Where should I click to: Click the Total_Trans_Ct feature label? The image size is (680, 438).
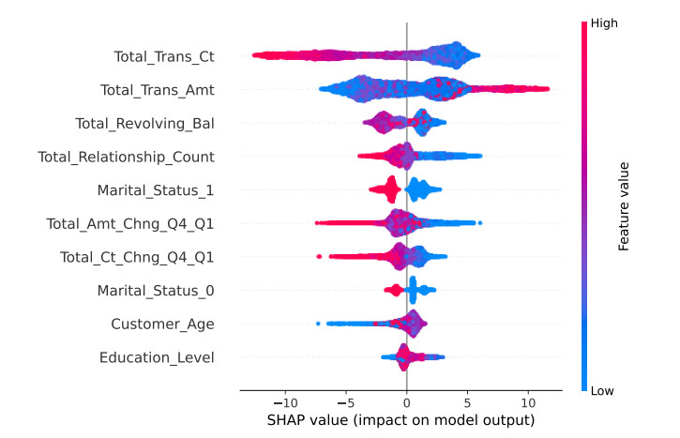[164, 57]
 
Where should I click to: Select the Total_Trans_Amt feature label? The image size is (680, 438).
[158, 90]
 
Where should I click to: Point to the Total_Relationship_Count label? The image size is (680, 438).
[126, 157]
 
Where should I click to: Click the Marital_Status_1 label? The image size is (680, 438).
[156, 190]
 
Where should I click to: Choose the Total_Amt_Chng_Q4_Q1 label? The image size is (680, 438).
[130, 223]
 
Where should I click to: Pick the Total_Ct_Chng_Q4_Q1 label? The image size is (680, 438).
[137, 257]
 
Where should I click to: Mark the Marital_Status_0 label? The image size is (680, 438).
[156, 291]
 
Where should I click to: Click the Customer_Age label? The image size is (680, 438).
[162, 324]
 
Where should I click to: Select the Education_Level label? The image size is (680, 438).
[157, 357]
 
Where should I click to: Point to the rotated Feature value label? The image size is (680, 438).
[623, 206]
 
